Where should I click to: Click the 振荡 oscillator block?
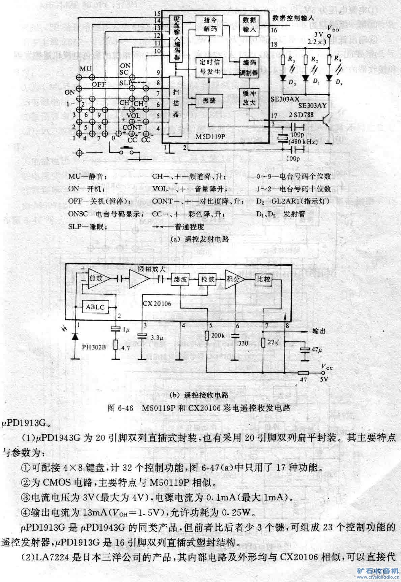point(209,100)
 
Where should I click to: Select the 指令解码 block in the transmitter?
point(210,24)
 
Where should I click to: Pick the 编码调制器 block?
point(249,68)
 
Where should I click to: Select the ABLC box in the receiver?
point(95,307)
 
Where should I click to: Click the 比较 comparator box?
point(263,279)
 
